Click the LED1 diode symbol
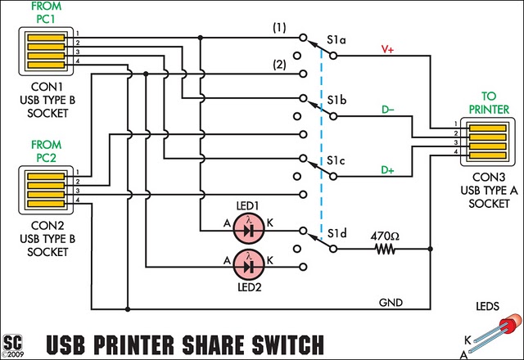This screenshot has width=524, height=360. point(249,231)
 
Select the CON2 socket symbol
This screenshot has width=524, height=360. point(45,188)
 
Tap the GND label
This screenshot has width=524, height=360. point(390,302)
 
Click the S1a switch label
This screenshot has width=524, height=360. point(336,38)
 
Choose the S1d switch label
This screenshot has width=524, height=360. point(336,236)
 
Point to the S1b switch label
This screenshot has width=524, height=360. point(336,101)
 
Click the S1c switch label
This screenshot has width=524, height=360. point(336,161)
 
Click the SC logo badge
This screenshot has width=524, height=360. point(12,342)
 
